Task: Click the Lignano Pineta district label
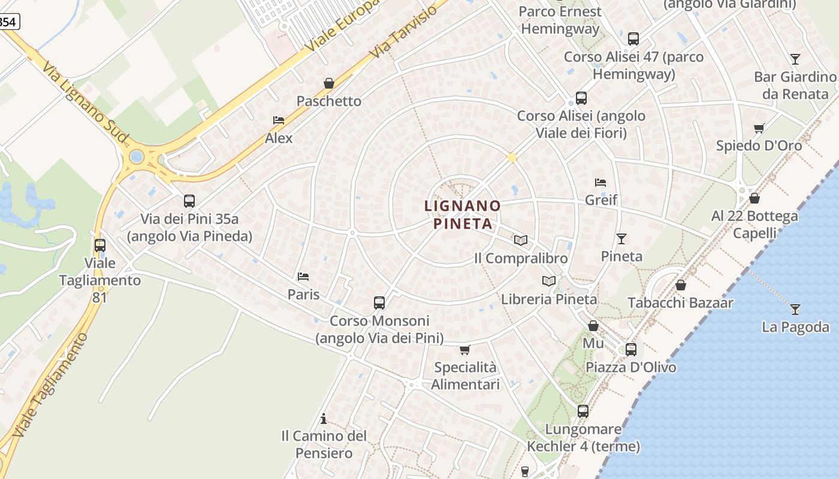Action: point(463,214)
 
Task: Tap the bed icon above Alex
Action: point(279,120)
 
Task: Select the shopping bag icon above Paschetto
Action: point(329,83)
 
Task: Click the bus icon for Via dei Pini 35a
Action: point(189,201)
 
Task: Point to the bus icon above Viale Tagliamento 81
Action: point(100,245)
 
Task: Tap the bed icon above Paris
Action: point(303,277)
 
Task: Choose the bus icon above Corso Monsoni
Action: point(379,303)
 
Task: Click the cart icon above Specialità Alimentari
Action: point(465,350)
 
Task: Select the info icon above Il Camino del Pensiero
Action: point(324,418)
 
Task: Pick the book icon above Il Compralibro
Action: point(521,241)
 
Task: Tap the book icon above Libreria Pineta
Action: point(549,281)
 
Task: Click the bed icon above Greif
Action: point(600,183)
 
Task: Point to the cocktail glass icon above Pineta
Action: point(621,239)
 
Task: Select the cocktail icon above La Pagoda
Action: point(795,310)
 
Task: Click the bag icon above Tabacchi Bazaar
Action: point(680,285)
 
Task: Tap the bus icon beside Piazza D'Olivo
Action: point(631,350)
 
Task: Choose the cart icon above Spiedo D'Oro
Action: point(759,128)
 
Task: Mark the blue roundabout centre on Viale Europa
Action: point(137,157)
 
